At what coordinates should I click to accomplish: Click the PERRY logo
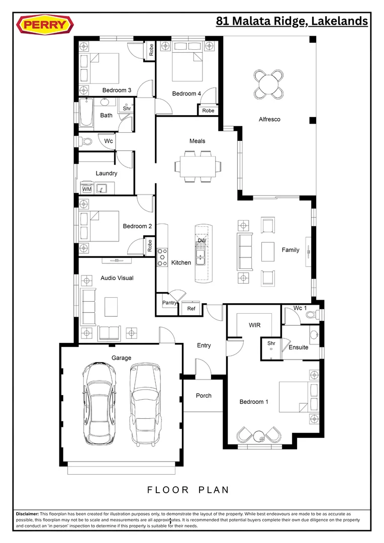pos(45,25)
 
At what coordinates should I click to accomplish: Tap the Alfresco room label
pos(269,119)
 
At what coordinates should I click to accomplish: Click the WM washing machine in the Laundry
pos(86,189)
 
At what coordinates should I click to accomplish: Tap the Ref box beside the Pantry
pos(191,309)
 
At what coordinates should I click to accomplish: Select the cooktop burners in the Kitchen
pos(162,257)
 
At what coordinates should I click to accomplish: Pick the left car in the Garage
pos(99,403)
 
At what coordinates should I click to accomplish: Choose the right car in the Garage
pos(146,404)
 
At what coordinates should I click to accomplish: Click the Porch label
pos(204,396)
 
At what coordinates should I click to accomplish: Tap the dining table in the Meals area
pos(198,166)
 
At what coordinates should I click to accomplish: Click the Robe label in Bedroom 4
pos(208,111)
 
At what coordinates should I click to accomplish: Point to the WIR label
pos(254,325)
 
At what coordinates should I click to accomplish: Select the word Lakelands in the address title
pos(339,22)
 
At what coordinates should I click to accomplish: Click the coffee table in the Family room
pos(268,251)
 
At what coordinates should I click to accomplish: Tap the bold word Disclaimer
pos(27,514)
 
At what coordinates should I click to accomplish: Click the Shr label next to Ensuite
pos(271,343)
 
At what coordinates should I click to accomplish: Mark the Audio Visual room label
pos(117,278)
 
